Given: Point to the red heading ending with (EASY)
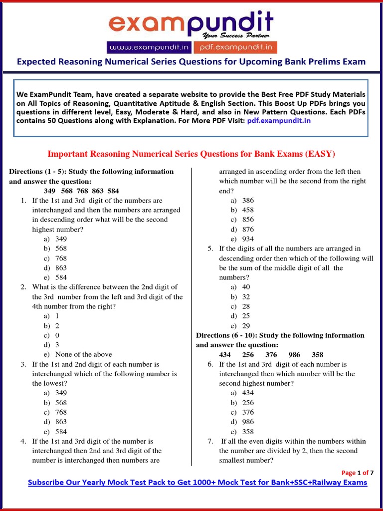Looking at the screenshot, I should point(191,153).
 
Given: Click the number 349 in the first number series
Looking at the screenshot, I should point(50,191).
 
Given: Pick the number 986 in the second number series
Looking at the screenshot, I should point(294,355).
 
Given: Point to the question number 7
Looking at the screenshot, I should point(210,441).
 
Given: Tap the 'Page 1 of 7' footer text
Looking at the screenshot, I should point(357,473).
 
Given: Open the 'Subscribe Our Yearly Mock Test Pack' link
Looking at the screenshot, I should point(197,483).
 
